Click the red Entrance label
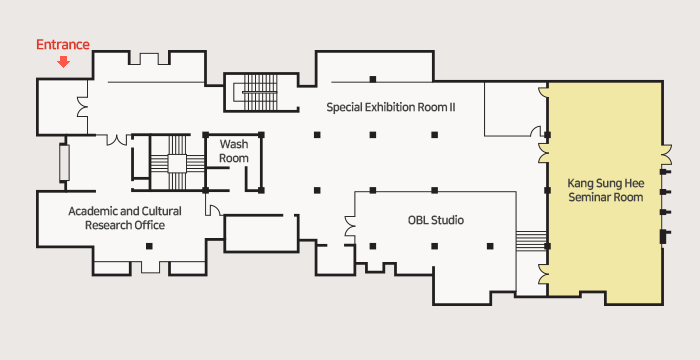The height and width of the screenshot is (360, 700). tap(63, 45)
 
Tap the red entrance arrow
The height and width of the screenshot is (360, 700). tap(64, 62)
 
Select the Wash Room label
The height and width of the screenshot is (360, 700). tap(234, 151)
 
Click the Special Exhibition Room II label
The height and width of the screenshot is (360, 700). tap(391, 108)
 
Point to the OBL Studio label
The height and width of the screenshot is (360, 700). tap(436, 220)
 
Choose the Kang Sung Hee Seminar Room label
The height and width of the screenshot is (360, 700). tap(606, 190)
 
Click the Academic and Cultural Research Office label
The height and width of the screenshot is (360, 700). tap(125, 218)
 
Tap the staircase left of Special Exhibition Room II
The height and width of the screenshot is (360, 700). tap(260, 92)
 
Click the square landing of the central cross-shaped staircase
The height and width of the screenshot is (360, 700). tap(177, 163)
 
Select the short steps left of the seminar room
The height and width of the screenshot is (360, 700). tap(531, 241)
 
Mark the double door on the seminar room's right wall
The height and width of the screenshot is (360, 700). tap(666, 155)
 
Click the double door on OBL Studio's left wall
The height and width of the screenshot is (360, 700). tap(350, 226)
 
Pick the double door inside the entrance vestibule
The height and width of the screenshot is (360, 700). tap(83, 107)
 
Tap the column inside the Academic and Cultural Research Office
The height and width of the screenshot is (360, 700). tap(149, 246)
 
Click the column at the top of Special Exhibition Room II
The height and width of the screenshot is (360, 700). tap(373, 80)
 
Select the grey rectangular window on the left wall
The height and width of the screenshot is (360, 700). tap(65, 163)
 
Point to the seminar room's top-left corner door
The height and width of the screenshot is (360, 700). tap(544, 91)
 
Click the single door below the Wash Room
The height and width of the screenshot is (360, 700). tap(213, 210)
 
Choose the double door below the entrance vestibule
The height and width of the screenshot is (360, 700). tap(117, 140)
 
